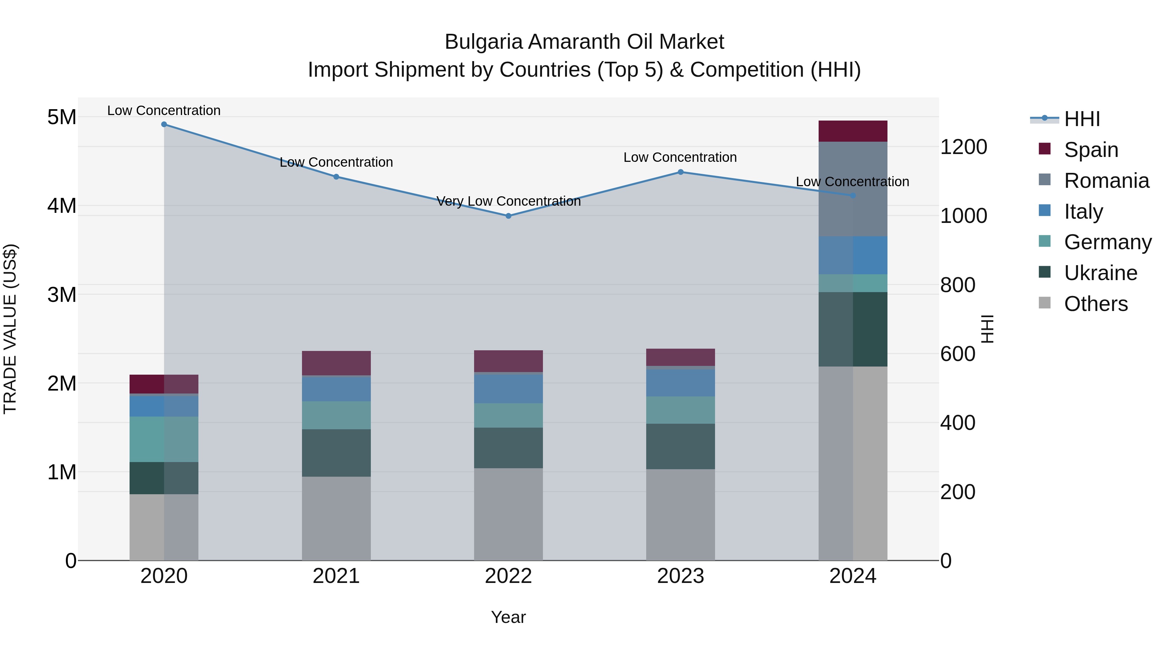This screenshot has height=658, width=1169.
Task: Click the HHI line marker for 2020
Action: click(x=164, y=124)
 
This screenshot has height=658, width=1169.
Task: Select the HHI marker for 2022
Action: click(x=508, y=216)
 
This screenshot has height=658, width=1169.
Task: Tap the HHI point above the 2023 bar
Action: click(x=680, y=172)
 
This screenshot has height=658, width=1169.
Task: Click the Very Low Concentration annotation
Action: click(x=508, y=201)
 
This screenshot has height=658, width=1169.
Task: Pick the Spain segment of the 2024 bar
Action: click(x=852, y=131)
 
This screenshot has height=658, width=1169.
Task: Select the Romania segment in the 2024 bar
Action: click(x=852, y=189)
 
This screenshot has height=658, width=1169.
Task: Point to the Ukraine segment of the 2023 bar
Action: click(x=680, y=446)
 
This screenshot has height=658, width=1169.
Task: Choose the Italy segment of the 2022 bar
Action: click(x=508, y=388)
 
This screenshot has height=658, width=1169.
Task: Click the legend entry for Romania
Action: click(x=1106, y=181)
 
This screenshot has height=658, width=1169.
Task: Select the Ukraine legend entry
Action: click(x=1100, y=273)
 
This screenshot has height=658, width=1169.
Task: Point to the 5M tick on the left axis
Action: click(x=62, y=117)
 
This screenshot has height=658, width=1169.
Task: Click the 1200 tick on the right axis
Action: click(x=963, y=147)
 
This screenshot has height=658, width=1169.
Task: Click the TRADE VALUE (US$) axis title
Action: click(x=10, y=329)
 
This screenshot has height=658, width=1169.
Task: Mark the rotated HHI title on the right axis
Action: click(x=987, y=329)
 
